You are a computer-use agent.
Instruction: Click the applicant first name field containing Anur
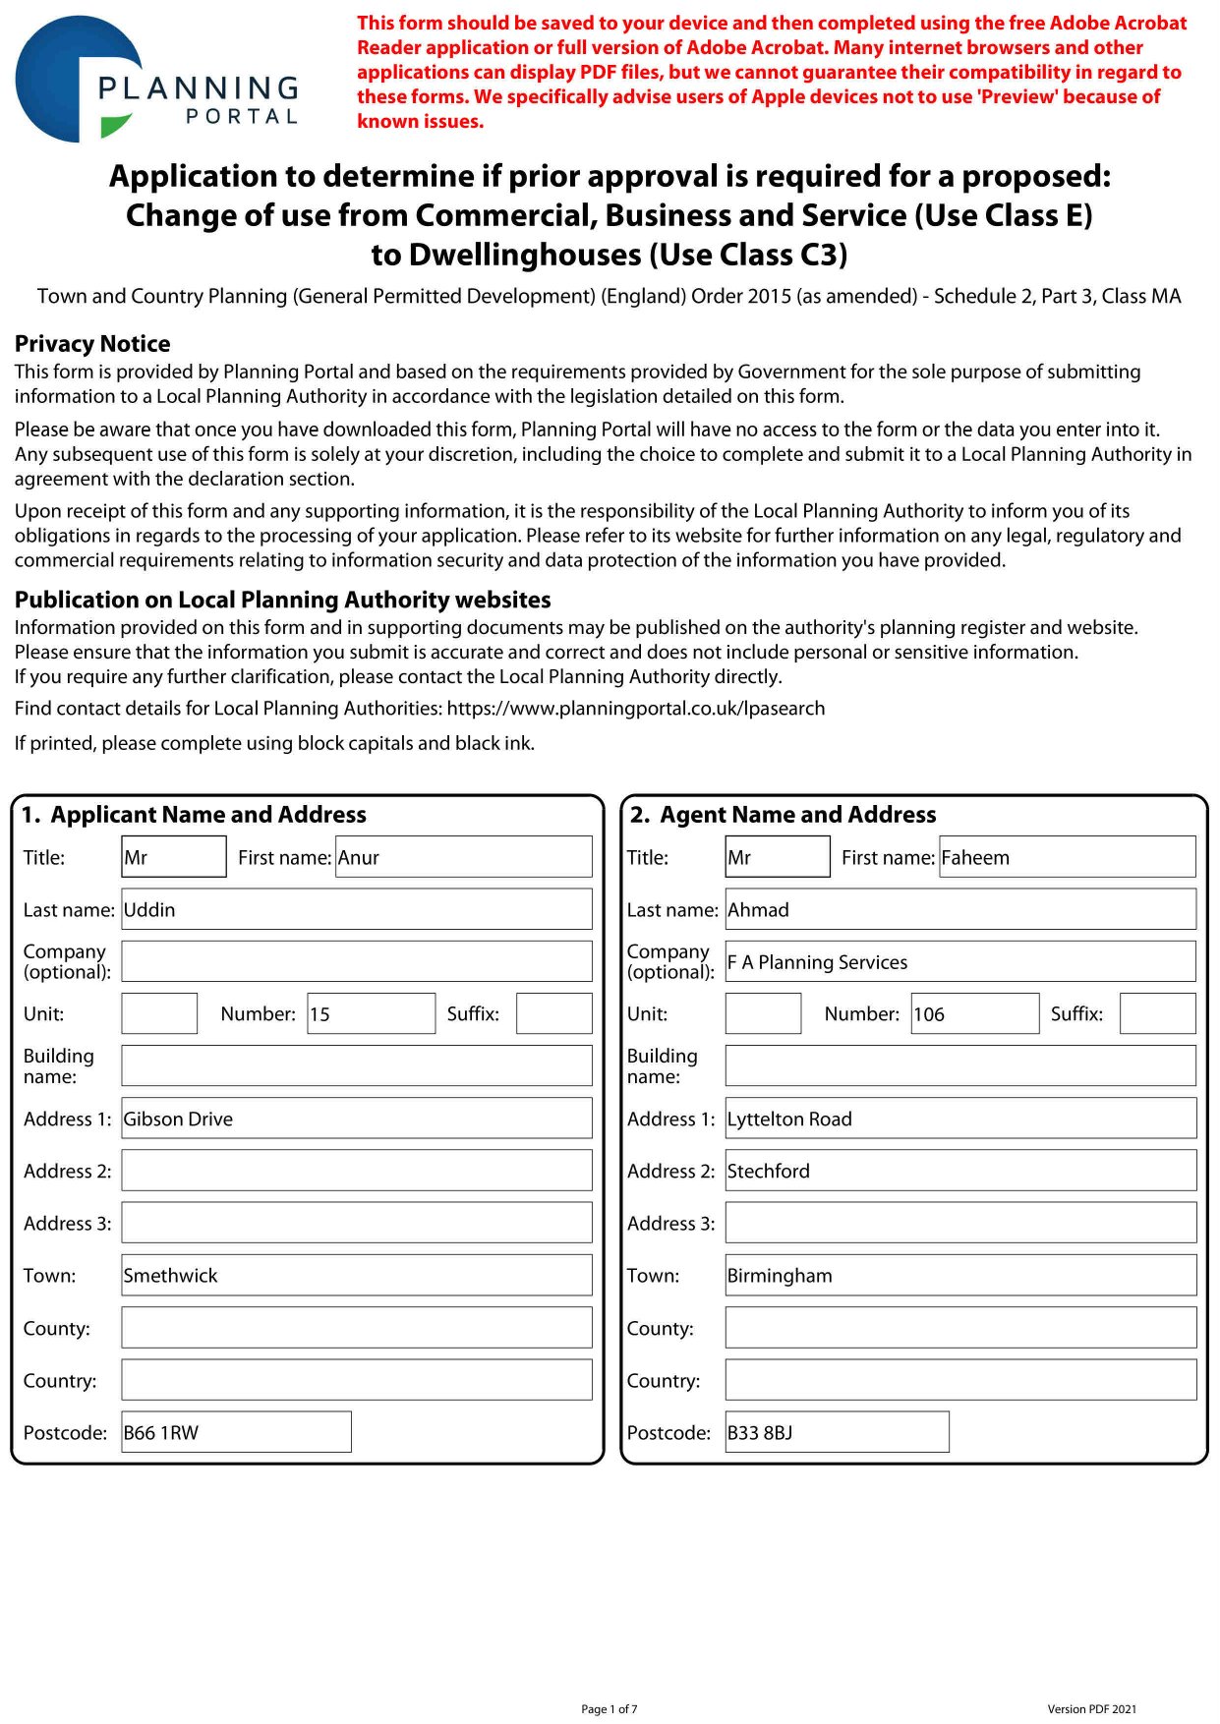(463, 857)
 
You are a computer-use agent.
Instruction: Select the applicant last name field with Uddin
(356, 909)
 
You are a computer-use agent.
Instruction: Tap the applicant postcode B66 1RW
(236, 1432)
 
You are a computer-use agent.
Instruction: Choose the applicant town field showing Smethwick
(356, 1275)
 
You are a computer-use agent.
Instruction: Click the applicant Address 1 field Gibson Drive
(356, 1119)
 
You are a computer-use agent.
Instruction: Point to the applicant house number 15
(371, 1013)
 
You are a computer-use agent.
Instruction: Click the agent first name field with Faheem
(1067, 857)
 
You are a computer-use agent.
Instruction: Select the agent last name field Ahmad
(959, 909)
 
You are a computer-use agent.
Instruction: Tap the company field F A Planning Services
(959, 962)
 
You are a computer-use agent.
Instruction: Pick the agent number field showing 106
(974, 1013)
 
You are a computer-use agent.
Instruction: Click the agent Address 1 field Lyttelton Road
(959, 1119)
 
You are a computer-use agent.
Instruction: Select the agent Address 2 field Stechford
(959, 1171)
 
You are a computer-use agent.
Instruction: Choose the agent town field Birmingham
(959, 1275)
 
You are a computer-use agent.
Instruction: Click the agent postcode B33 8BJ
(837, 1432)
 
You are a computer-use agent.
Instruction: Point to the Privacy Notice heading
(92, 344)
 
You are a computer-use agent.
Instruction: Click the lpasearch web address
(635, 709)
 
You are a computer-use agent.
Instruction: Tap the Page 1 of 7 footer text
(610, 1709)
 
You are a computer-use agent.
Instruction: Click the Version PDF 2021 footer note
(1091, 1709)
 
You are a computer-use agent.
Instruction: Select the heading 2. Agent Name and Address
(783, 815)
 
